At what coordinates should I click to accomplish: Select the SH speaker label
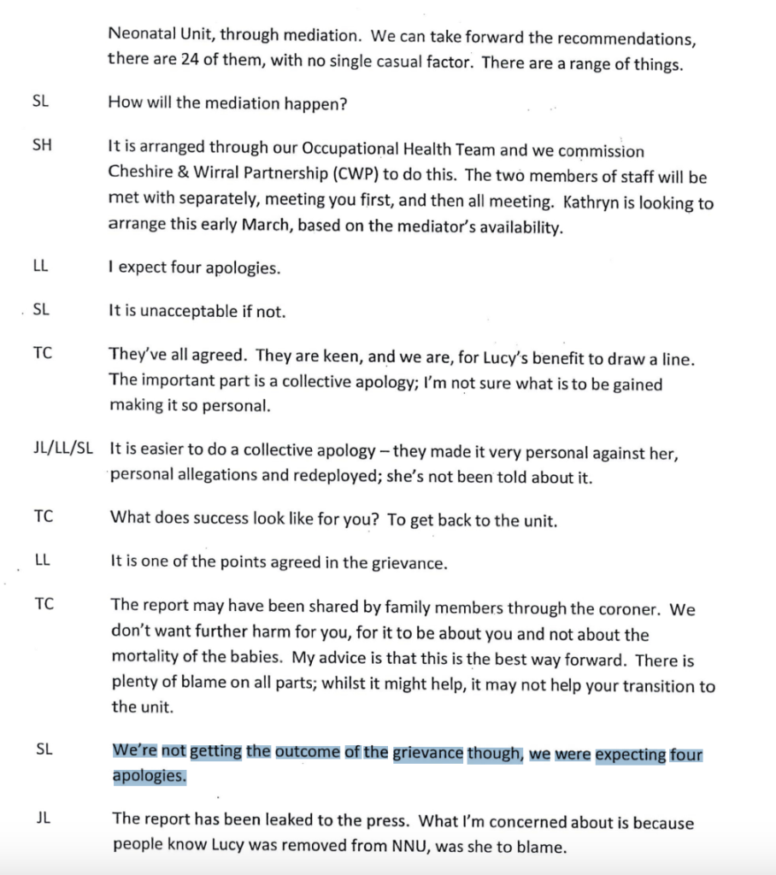pos(42,146)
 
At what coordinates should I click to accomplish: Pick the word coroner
pos(627,610)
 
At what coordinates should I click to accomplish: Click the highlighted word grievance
pos(428,754)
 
